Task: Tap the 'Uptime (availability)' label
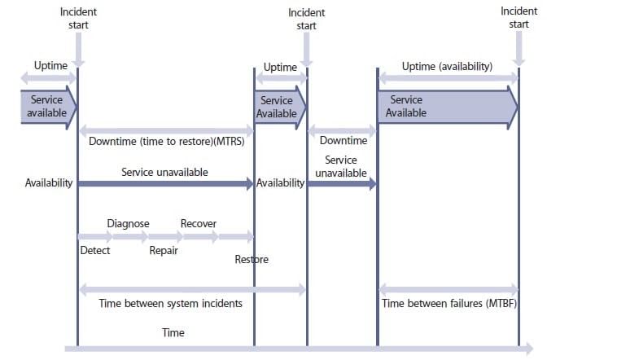pyautogui.click(x=447, y=66)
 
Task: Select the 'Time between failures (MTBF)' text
pyautogui.click(x=448, y=304)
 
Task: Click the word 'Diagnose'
pyautogui.click(x=129, y=223)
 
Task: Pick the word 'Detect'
pyautogui.click(x=95, y=250)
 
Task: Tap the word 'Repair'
pyautogui.click(x=164, y=250)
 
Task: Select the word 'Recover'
pyautogui.click(x=199, y=223)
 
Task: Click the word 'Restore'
pyautogui.click(x=252, y=260)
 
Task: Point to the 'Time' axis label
pyautogui.click(x=173, y=332)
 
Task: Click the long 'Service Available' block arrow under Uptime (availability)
pyautogui.click(x=447, y=107)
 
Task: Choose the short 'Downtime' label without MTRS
pyautogui.click(x=343, y=141)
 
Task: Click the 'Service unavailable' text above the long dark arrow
pyautogui.click(x=165, y=173)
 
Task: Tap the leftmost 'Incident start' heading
pyautogui.click(x=78, y=19)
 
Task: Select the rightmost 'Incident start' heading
pyautogui.click(x=519, y=18)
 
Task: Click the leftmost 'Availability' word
pyautogui.click(x=50, y=184)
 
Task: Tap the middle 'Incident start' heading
pyautogui.click(x=306, y=20)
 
